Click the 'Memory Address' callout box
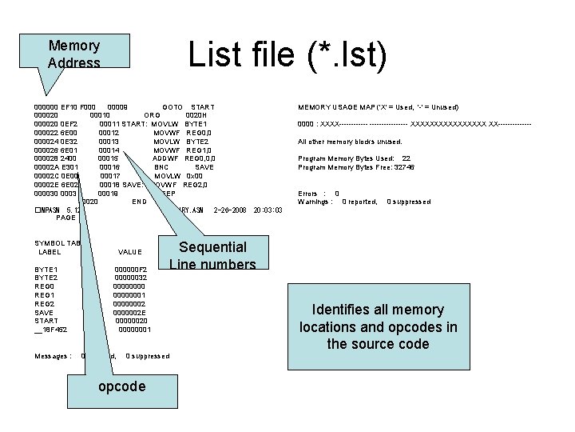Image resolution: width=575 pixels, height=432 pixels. pyautogui.click(x=74, y=54)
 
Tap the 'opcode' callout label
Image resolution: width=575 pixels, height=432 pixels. pyautogui.click(x=121, y=386)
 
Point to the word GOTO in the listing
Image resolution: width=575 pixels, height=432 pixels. pyautogui.click(x=172, y=106)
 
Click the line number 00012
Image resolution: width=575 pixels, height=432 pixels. pyautogui.click(x=109, y=132)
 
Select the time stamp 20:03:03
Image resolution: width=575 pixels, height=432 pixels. pyautogui.click(x=268, y=210)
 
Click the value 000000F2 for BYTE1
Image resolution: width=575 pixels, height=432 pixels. pyautogui.click(x=130, y=269)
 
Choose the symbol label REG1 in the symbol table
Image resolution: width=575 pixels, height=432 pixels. pyautogui.click(x=46, y=294)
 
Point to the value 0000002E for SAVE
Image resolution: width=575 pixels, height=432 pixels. pyautogui.click(x=130, y=312)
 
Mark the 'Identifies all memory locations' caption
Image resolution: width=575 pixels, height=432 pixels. pyautogui.click(x=379, y=326)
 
